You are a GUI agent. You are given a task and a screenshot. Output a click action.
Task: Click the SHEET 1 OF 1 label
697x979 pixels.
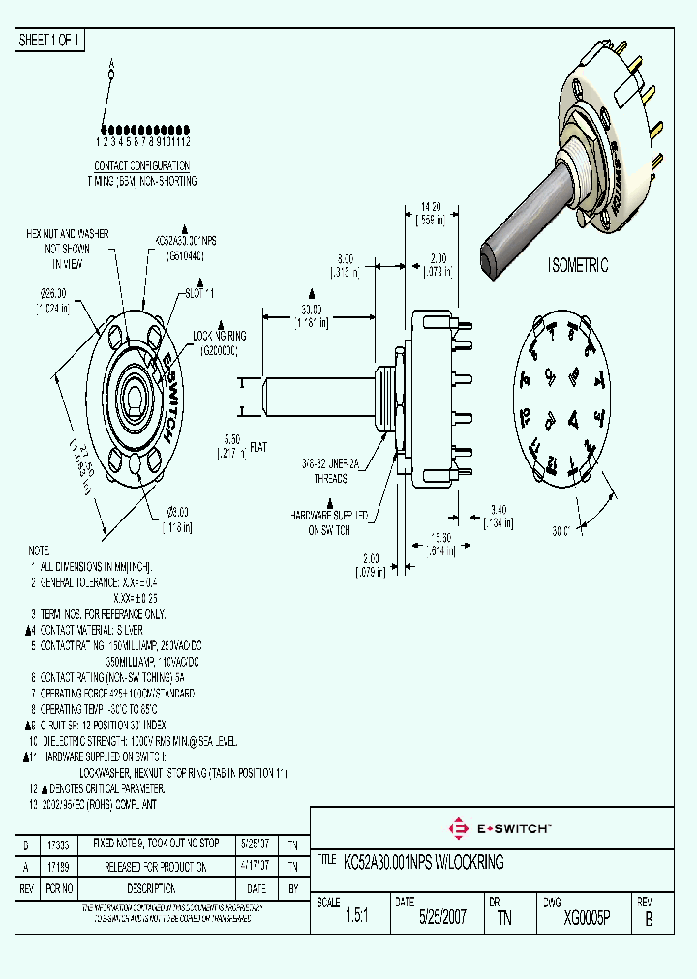click(50, 41)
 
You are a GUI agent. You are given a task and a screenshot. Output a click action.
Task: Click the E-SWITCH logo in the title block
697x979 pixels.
click(500, 828)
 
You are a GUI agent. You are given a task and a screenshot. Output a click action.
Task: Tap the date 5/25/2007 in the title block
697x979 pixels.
click(442, 918)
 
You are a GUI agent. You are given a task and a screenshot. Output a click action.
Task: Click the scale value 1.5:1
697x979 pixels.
click(355, 918)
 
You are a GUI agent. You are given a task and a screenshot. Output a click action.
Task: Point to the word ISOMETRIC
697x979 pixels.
click(578, 265)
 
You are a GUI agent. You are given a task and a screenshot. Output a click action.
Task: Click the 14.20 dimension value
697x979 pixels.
click(431, 207)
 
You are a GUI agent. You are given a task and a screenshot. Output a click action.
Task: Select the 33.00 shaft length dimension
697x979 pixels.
click(312, 309)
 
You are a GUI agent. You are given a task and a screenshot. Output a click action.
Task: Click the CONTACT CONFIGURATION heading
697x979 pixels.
click(141, 165)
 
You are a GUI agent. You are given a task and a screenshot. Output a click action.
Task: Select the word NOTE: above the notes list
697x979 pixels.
click(40, 549)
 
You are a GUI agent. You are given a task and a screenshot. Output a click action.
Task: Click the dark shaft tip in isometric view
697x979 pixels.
click(489, 262)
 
